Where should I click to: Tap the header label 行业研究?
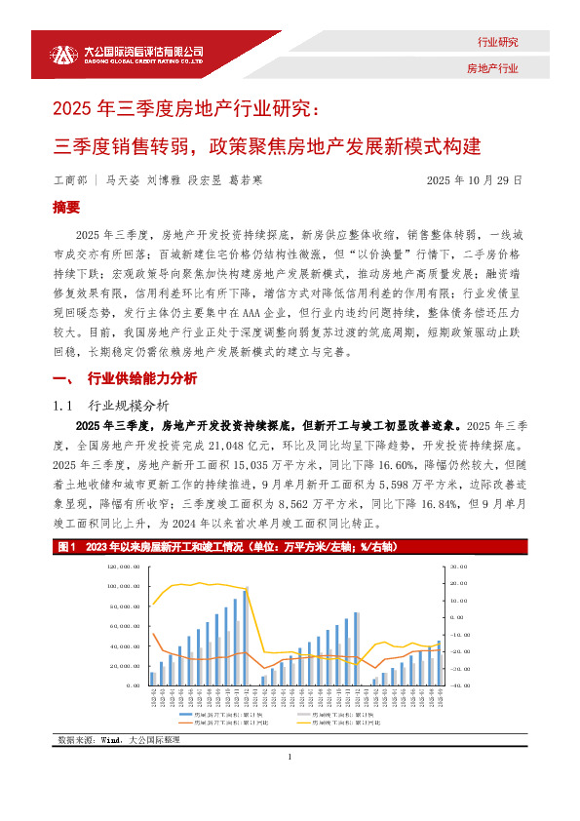pyautogui.click(x=497, y=42)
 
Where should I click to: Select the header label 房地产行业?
pyautogui.click(x=493, y=69)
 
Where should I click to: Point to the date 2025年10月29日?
pyautogui.click(x=475, y=180)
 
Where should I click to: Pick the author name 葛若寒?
pyautogui.click(x=246, y=180)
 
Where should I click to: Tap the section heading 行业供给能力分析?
pyautogui.click(x=141, y=377)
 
